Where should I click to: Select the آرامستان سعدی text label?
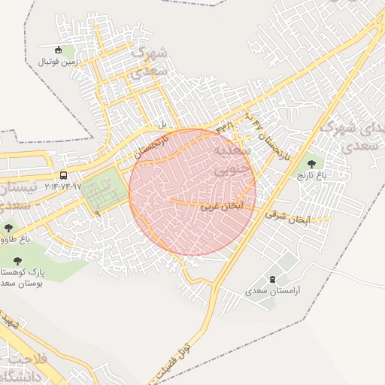pyautogui.click(x=273, y=290)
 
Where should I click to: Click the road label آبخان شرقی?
pyautogui.click(x=287, y=218)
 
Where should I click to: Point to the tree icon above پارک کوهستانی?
pyautogui.click(x=17, y=260)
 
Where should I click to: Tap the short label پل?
pyautogui.click(x=160, y=123)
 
